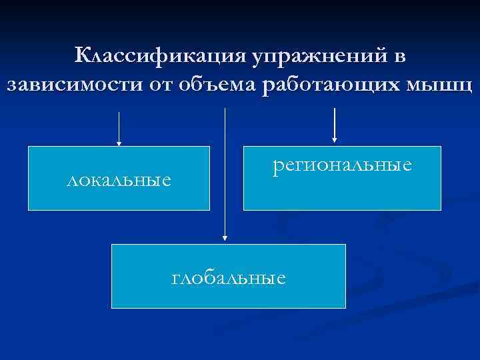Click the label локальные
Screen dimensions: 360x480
[119, 180]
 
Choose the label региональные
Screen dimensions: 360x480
[342, 165]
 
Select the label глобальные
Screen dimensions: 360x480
[229, 277]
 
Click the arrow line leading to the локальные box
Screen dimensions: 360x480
[119, 127]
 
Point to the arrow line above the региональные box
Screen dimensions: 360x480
[334, 123]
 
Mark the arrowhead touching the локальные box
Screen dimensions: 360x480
[119, 143]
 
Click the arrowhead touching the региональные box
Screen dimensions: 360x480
[334, 141]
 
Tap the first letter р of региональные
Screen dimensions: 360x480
[277, 166]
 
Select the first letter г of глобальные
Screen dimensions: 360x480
[175, 277]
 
